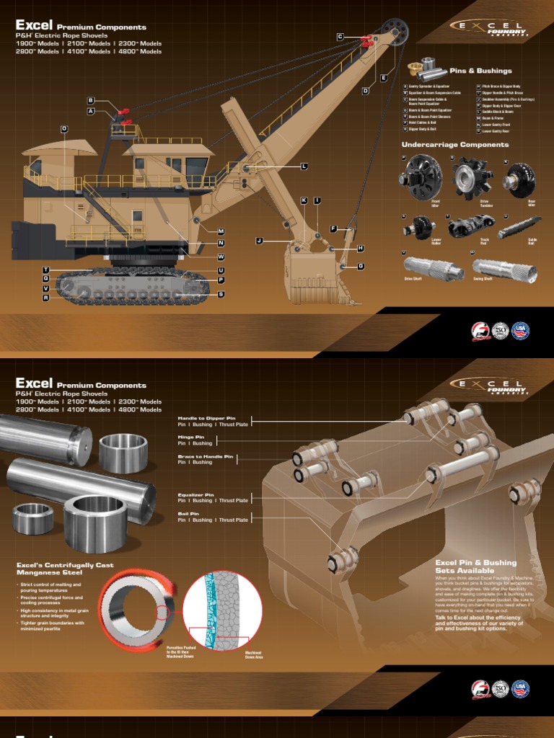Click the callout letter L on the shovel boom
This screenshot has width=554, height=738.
pyautogui.click(x=304, y=166)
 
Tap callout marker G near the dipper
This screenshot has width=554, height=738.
pyautogui.click(x=361, y=266)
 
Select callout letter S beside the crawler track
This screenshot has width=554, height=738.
pyautogui.click(x=221, y=294)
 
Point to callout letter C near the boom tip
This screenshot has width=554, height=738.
pyautogui.click(x=340, y=36)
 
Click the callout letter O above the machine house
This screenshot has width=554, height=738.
pyautogui.click(x=63, y=128)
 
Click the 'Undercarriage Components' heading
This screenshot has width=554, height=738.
pyautogui.click(x=454, y=145)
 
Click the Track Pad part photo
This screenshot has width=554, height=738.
pyautogui.click(x=466, y=228)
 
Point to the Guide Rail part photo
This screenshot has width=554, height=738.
pyautogui.click(x=517, y=227)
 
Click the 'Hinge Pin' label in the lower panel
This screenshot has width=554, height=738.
pyautogui.click(x=191, y=437)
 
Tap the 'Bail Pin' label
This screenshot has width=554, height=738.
pyautogui.click(x=190, y=514)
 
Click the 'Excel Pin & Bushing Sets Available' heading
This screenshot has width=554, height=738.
pyautogui.click(x=476, y=566)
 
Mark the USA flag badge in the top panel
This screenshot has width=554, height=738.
pyautogui.click(x=520, y=331)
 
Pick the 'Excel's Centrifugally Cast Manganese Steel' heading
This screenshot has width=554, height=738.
pyautogui.click(x=65, y=569)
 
